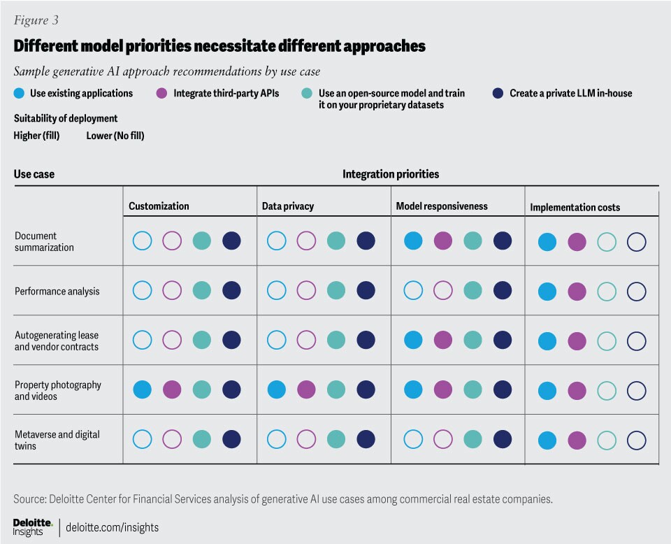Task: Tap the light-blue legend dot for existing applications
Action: tap(18, 92)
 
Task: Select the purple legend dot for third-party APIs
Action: tap(161, 92)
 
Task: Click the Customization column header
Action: tap(159, 206)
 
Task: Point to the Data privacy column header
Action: tap(288, 206)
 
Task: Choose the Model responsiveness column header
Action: tap(442, 206)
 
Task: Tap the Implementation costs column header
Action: tap(575, 207)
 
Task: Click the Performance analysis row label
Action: tap(57, 291)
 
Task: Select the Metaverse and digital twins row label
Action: tap(57, 440)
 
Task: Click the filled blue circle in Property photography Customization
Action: tap(143, 389)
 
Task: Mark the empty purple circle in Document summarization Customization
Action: tap(172, 241)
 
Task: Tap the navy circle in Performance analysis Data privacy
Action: tap(366, 291)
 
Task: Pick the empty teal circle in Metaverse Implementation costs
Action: tap(607, 440)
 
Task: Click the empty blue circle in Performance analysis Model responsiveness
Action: tap(413, 291)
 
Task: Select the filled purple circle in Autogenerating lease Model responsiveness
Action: tap(442, 341)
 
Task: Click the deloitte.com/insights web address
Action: tap(112, 527)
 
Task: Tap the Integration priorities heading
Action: tap(391, 173)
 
